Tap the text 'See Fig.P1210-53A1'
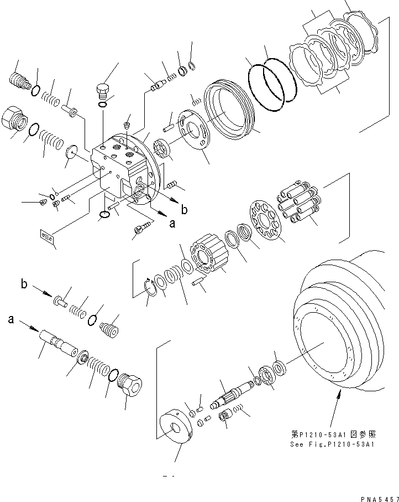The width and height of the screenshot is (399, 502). point(332,444)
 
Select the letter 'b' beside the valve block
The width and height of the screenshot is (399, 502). point(184,209)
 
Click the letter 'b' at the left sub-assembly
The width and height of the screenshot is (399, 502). point(24,284)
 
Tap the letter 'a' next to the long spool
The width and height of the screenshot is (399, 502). point(11,319)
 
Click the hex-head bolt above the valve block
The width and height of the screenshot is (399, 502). point(103,90)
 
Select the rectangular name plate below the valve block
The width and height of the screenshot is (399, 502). point(48,237)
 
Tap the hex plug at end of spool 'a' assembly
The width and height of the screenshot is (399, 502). point(130,384)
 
